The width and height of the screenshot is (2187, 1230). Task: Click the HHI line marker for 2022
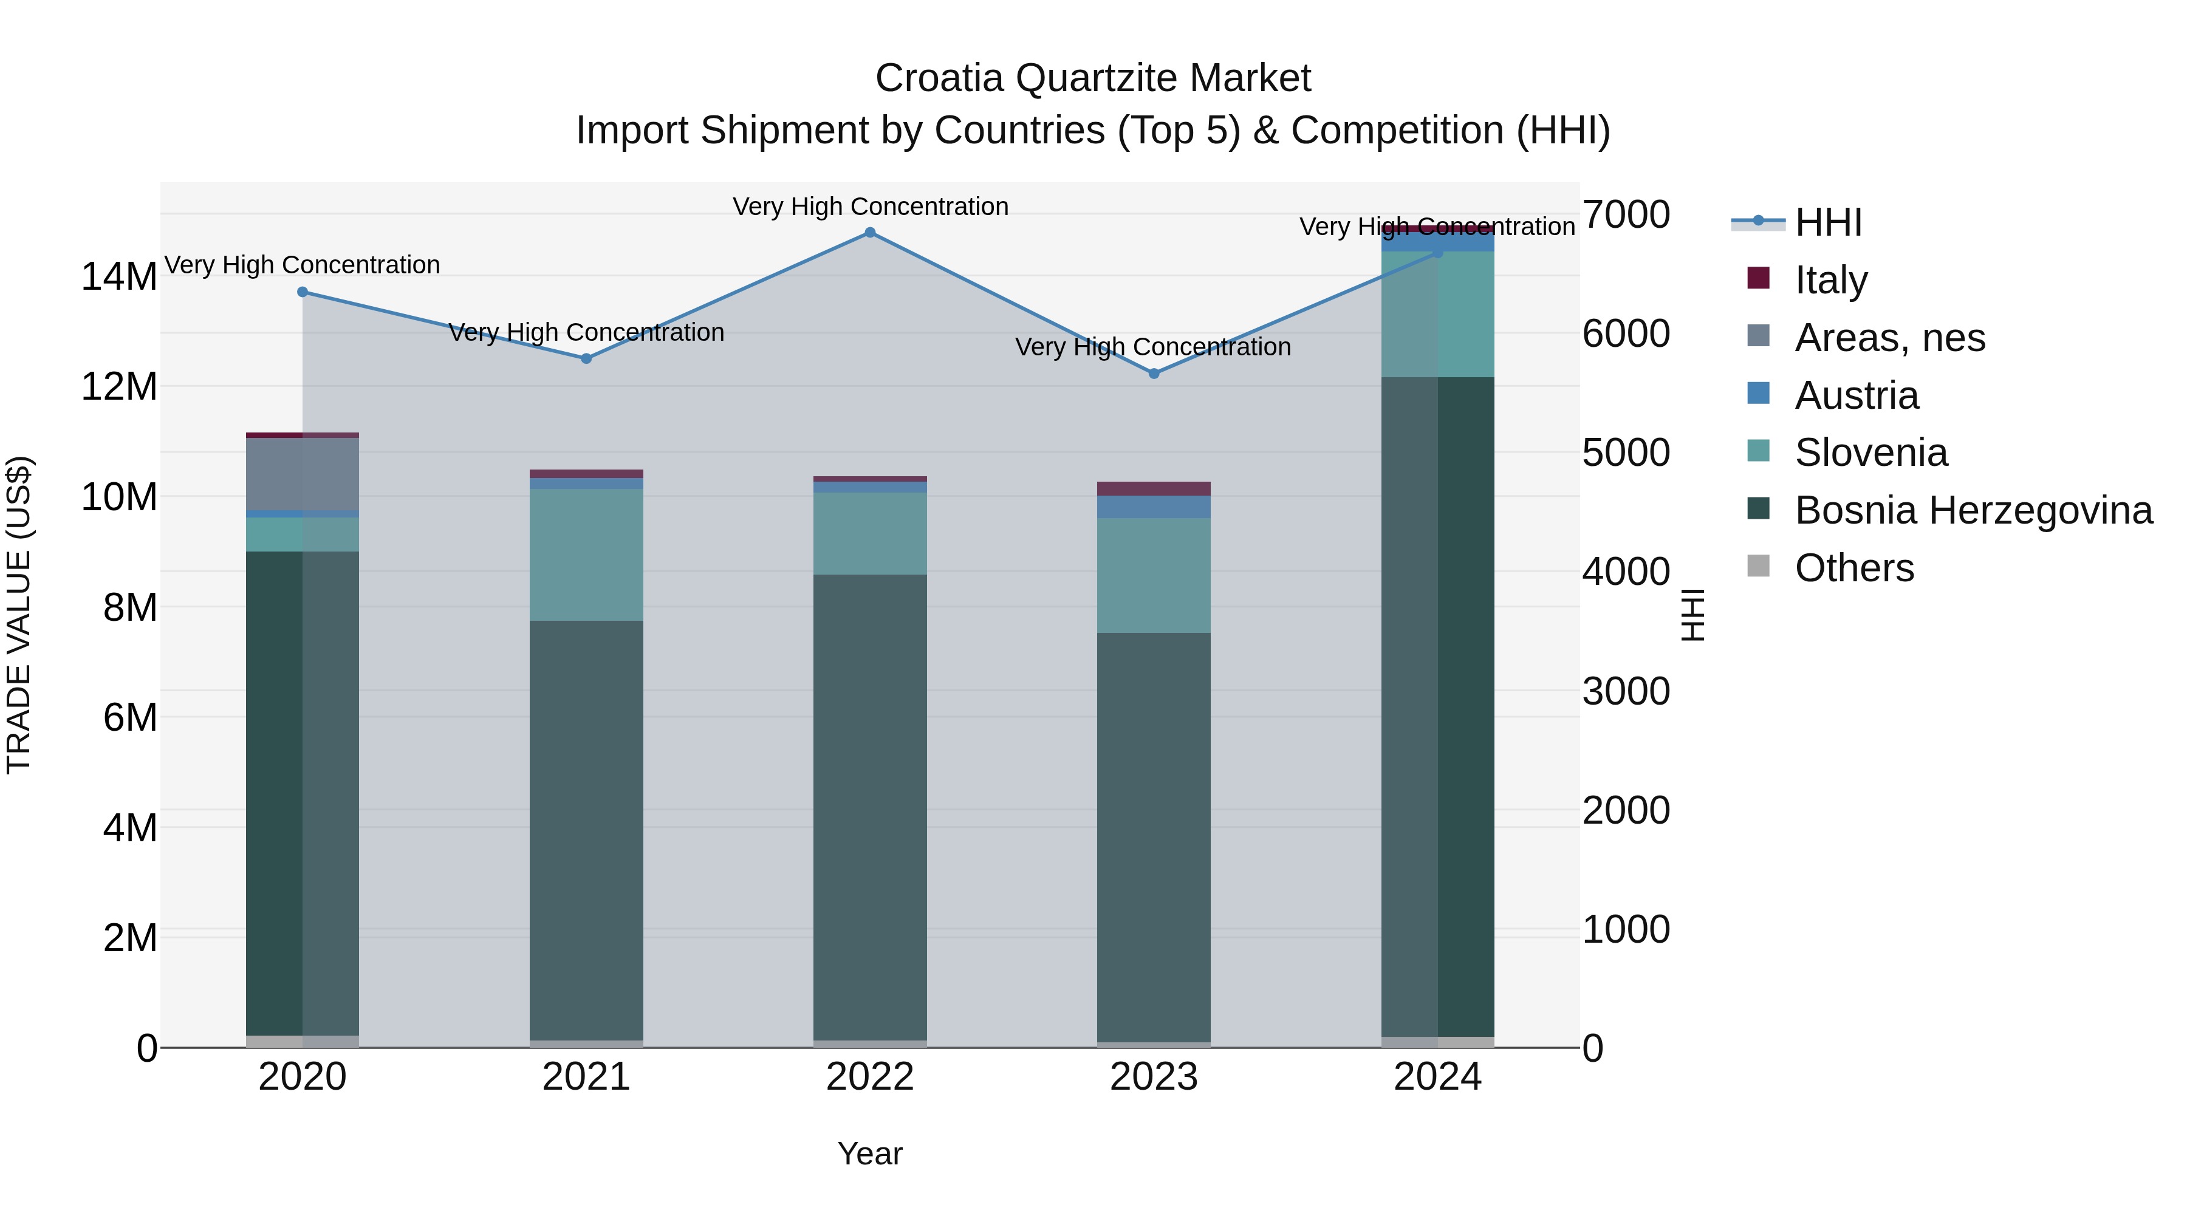coord(869,233)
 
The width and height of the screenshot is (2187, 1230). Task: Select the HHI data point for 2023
coord(1154,374)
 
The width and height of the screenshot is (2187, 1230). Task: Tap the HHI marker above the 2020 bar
coord(303,292)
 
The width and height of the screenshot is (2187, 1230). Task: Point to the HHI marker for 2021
coord(586,358)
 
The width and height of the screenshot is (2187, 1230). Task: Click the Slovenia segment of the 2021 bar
coord(586,555)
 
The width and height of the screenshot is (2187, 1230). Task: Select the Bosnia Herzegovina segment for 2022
coord(869,807)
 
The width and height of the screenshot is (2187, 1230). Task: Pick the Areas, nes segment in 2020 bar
coord(303,474)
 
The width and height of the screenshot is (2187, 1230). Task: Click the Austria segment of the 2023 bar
coord(1154,507)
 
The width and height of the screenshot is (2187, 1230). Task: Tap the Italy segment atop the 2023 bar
coord(1154,489)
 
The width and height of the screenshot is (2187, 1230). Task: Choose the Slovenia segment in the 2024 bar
coord(1437,314)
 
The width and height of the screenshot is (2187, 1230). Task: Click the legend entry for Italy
coord(1830,279)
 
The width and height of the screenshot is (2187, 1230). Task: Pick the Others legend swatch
coord(1758,566)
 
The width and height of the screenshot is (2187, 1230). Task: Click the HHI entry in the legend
coord(1828,222)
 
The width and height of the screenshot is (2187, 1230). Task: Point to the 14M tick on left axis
coord(119,277)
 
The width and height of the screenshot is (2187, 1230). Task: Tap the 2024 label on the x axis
coord(1437,1077)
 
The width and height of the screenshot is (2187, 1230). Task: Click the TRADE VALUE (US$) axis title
coord(19,615)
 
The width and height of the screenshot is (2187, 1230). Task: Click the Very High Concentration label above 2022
coord(870,207)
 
